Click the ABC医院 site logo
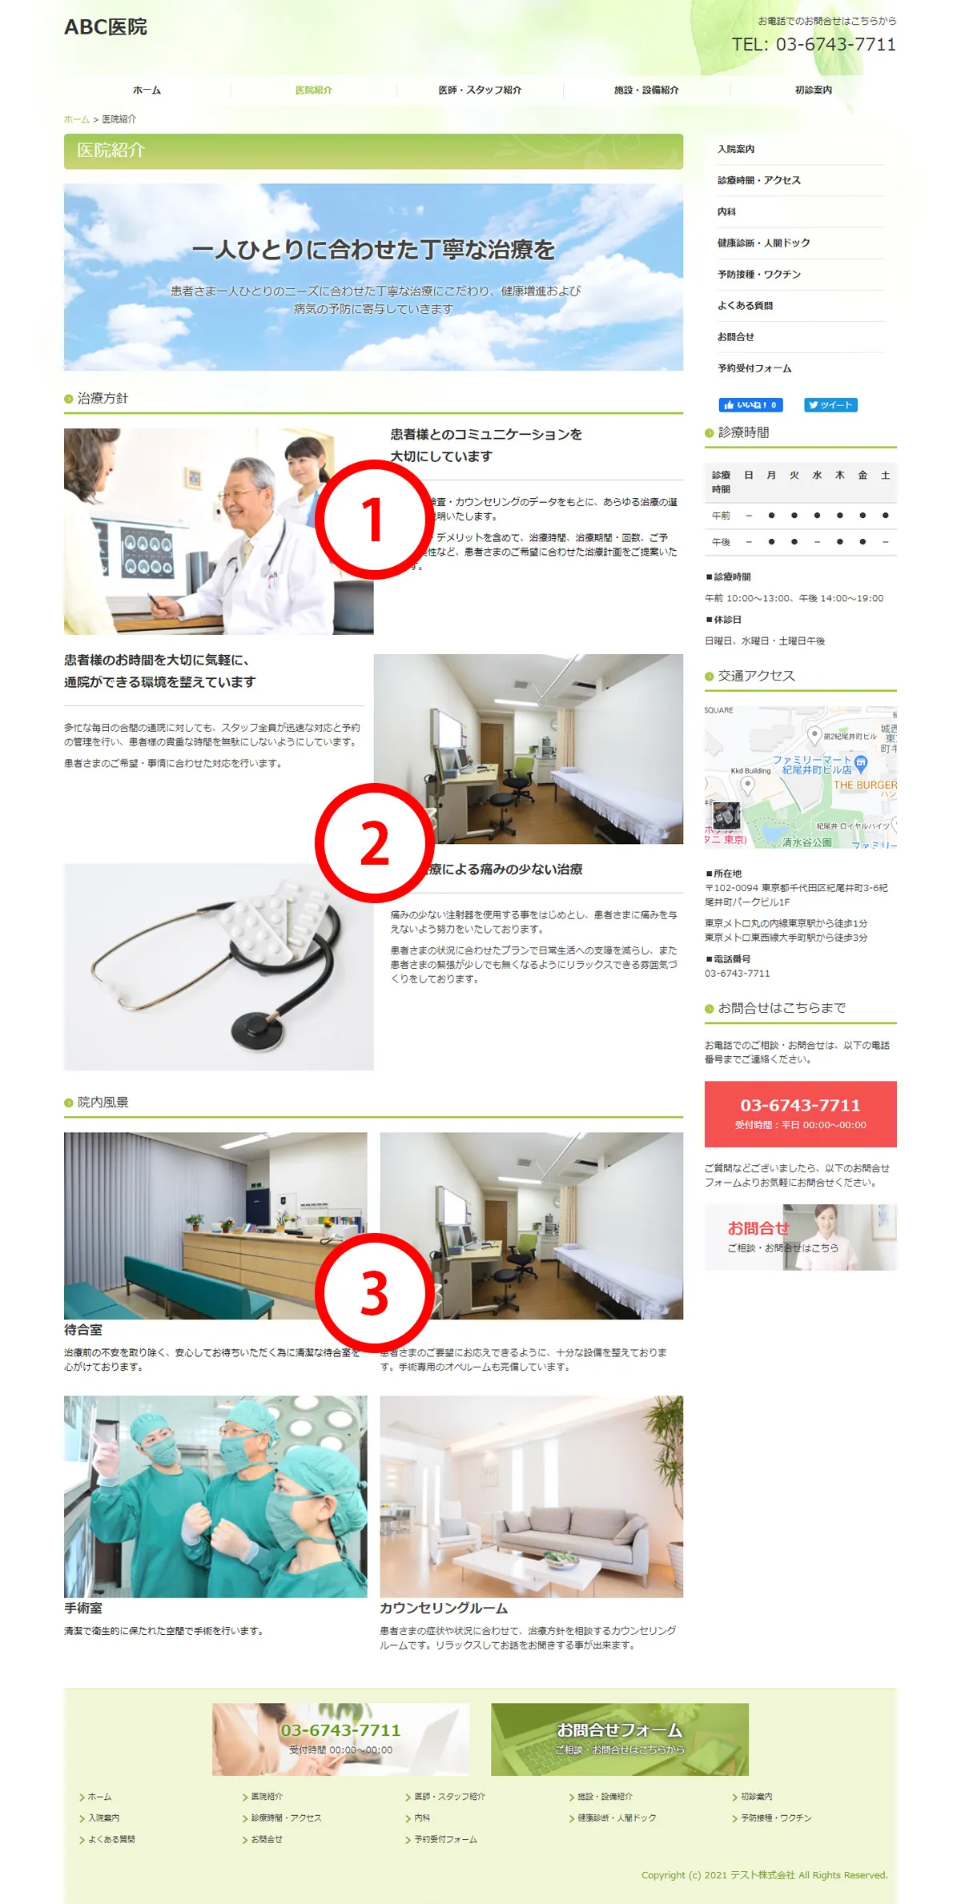(x=106, y=27)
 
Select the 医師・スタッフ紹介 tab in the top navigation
(x=480, y=90)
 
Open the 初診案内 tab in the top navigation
(x=813, y=90)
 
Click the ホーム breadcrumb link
(x=76, y=119)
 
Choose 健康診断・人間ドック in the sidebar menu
(x=763, y=243)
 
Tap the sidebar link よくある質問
(x=745, y=306)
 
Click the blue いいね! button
(x=750, y=405)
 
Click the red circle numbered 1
(x=374, y=520)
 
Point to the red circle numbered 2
(x=374, y=843)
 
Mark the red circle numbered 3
(x=374, y=1293)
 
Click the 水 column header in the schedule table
(x=817, y=476)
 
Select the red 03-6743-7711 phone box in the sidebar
(x=800, y=1114)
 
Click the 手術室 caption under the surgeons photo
(x=83, y=1609)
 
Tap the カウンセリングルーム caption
(x=444, y=1609)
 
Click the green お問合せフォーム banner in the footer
(x=619, y=1739)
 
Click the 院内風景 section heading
(x=103, y=1103)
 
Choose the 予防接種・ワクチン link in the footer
(x=775, y=1818)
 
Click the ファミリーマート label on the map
(x=810, y=760)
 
